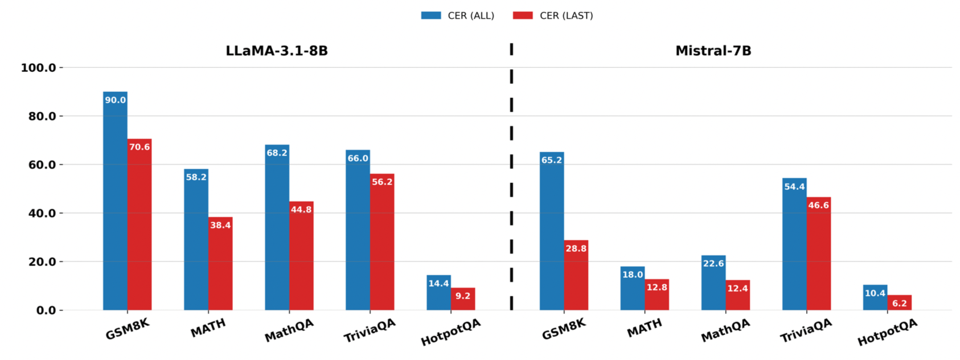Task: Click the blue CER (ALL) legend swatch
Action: point(431,15)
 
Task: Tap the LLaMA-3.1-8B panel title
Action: point(277,51)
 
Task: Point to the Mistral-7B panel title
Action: point(713,51)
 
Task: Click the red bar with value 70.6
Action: point(140,228)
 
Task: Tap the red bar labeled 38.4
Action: point(220,265)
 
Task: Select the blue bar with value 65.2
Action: point(552,234)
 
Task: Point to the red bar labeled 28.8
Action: point(576,276)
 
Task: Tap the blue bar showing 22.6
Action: point(713,285)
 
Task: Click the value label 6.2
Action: point(900,304)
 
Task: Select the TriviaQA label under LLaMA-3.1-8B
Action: point(370,331)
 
